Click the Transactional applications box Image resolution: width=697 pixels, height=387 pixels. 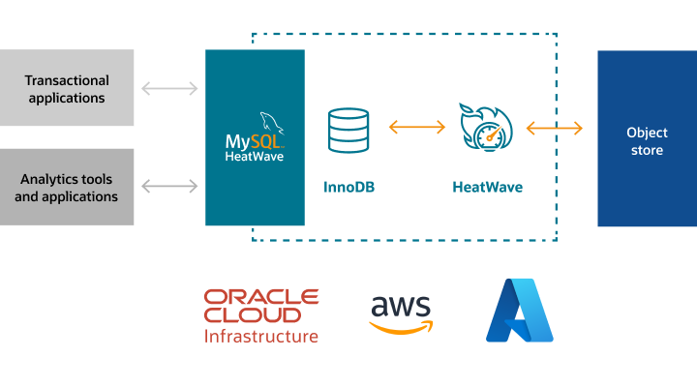click(x=67, y=88)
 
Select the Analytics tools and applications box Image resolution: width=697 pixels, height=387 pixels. click(x=67, y=187)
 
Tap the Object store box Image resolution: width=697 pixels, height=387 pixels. click(x=646, y=138)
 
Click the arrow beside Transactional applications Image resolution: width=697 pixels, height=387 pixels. click(x=169, y=89)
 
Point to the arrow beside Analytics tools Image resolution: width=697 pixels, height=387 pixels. click(x=169, y=184)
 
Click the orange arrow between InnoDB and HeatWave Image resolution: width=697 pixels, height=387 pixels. click(x=416, y=126)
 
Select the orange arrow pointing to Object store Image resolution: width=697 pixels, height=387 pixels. click(x=555, y=128)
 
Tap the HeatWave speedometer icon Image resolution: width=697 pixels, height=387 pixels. click(x=488, y=128)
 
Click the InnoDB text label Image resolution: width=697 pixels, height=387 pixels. click(x=348, y=187)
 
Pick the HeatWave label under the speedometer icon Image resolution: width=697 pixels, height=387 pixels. click(x=488, y=187)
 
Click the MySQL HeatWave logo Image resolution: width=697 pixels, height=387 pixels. click(x=255, y=138)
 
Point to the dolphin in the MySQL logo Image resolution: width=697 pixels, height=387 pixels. click(x=274, y=121)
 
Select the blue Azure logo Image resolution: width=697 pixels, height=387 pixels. click(x=520, y=311)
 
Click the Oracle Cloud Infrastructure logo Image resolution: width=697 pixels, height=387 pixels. click(x=261, y=315)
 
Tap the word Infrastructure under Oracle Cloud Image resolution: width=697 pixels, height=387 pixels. click(x=261, y=337)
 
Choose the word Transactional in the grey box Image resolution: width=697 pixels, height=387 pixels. click(x=67, y=80)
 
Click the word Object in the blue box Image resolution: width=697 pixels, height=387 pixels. click(x=646, y=132)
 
